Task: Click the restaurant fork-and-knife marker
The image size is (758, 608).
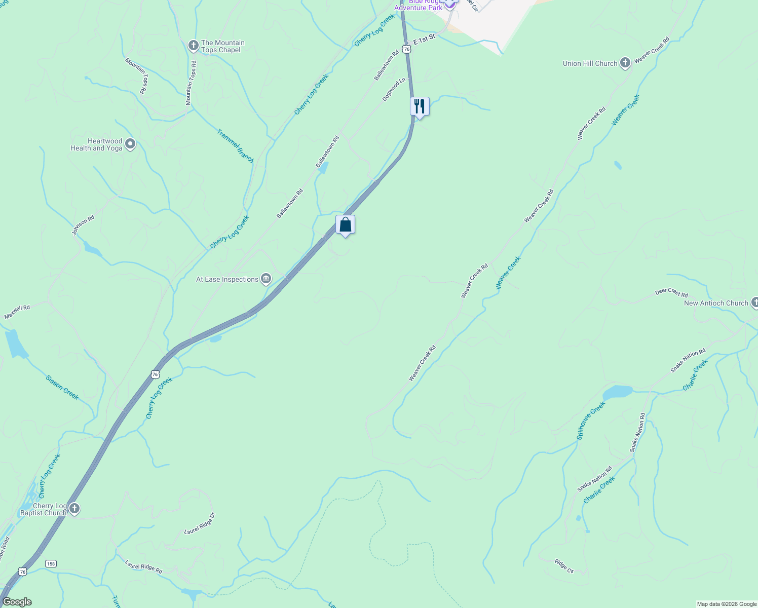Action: coord(419,106)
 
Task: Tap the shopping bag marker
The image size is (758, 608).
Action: coord(345,224)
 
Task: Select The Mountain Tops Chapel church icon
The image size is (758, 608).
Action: coord(193,46)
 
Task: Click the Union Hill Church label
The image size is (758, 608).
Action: coord(590,63)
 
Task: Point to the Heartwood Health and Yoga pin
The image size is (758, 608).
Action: coord(130,144)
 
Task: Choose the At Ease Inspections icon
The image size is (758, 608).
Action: coord(266,279)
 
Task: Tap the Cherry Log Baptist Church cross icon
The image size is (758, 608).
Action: coord(74,509)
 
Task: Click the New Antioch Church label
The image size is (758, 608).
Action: coord(715,303)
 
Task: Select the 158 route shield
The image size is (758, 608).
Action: coord(50,563)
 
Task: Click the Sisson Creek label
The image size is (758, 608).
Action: coord(62,388)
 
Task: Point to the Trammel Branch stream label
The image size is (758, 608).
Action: coord(235,146)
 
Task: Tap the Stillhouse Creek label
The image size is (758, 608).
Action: coord(591,420)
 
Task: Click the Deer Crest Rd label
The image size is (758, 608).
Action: coord(671,293)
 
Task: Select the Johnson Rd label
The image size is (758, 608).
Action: coord(83,225)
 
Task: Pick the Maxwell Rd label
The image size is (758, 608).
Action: coord(17,312)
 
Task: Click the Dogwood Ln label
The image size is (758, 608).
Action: coord(394,89)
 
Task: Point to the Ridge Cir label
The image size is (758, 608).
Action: coord(563,566)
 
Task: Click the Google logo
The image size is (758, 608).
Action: coord(17,602)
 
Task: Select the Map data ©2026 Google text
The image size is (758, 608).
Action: coord(726,604)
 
